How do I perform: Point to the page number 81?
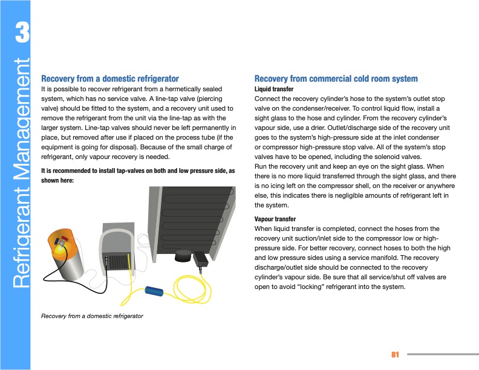pos(396,354)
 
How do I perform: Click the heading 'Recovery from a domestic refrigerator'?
pos(109,79)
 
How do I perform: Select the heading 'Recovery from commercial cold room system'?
pos(336,79)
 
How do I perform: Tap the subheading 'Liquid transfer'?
pos(274,89)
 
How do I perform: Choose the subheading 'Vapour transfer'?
pos(275,219)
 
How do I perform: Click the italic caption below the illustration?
pos(91,316)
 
